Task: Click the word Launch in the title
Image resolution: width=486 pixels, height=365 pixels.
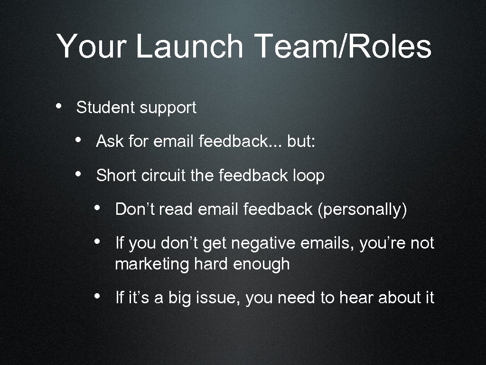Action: point(189,47)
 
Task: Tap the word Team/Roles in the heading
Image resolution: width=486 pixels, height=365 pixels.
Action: point(343,47)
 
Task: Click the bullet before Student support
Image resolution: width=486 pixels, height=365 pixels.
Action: point(58,106)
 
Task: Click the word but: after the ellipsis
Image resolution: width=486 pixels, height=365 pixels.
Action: point(300,141)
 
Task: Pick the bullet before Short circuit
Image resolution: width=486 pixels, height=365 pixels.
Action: point(78,173)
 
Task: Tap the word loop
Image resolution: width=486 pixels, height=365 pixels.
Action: point(308,176)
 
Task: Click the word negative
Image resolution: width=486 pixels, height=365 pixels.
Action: point(268,244)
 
